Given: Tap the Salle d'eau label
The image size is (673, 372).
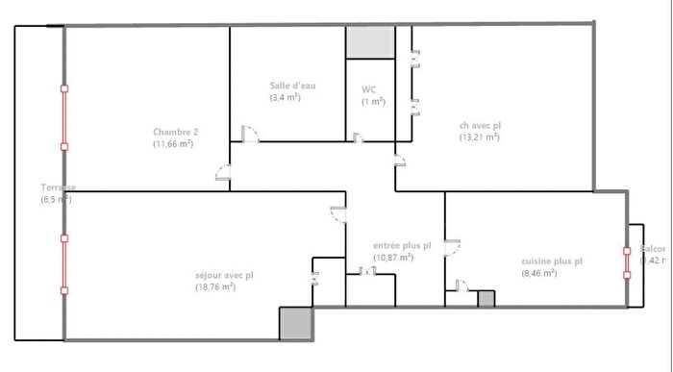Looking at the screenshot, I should pyautogui.click(x=292, y=86).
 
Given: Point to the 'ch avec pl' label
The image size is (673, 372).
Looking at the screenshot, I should pyautogui.click(x=479, y=124).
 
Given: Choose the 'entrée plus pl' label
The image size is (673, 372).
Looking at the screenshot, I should pyautogui.click(x=402, y=245).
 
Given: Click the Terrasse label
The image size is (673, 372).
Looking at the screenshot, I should pyautogui.click(x=57, y=187).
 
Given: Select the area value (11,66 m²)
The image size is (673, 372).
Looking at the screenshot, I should pyautogui.click(x=173, y=144).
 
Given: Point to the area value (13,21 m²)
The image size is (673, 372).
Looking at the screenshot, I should pyautogui.click(x=479, y=136).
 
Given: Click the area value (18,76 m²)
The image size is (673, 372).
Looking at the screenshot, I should pyautogui.click(x=215, y=286).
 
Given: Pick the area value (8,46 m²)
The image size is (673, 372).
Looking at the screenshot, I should pyautogui.click(x=538, y=273).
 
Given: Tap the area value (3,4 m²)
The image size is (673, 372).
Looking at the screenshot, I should pyautogui.click(x=285, y=98).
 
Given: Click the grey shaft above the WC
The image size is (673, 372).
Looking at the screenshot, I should pyautogui.click(x=370, y=41).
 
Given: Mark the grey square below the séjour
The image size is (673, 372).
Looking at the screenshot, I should pyautogui.click(x=295, y=323).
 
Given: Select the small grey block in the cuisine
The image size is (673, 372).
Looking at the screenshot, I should pyautogui.click(x=486, y=299).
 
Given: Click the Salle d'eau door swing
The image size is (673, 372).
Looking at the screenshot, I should pyautogui.click(x=250, y=134).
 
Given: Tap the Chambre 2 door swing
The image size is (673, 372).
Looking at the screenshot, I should pyautogui.click(x=222, y=174).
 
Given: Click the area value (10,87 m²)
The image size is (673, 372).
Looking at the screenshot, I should pyautogui.click(x=392, y=258).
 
